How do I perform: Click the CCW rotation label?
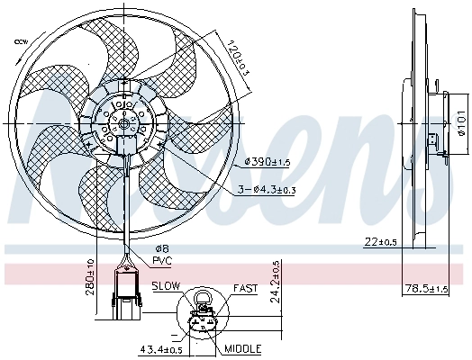(x=18, y=42)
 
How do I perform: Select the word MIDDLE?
(x=242, y=348)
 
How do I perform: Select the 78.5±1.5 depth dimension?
(x=423, y=288)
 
